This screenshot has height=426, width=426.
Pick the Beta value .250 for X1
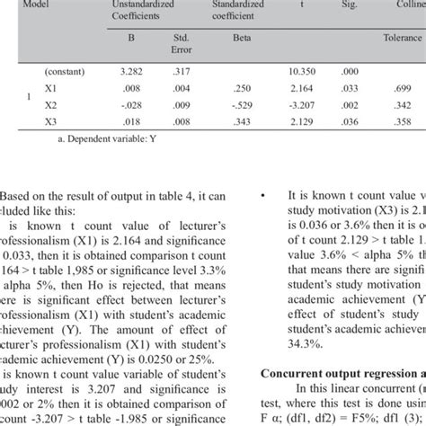[242, 88]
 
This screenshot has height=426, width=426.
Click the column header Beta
[242, 39]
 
